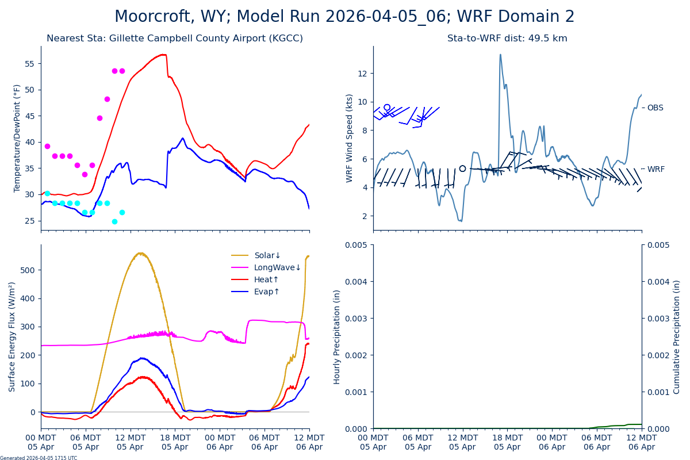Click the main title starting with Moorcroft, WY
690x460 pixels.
(344, 17)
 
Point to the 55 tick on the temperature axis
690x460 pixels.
(30, 63)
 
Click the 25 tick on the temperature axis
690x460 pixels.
(30, 221)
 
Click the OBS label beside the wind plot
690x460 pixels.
(655, 108)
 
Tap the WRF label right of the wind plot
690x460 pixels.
(655, 169)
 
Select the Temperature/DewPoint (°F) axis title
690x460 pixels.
(17, 138)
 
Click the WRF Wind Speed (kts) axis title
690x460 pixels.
(350, 138)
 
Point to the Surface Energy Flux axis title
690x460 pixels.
(13, 336)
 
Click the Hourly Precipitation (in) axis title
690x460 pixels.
(337, 336)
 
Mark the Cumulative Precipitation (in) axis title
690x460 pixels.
(677, 336)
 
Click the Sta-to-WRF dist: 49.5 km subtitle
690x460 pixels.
(507, 39)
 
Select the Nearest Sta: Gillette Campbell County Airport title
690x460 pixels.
(175, 39)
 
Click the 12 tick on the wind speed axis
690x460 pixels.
(362, 73)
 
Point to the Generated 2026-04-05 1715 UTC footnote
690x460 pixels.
(39, 458)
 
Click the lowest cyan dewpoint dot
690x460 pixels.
(114, 221)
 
